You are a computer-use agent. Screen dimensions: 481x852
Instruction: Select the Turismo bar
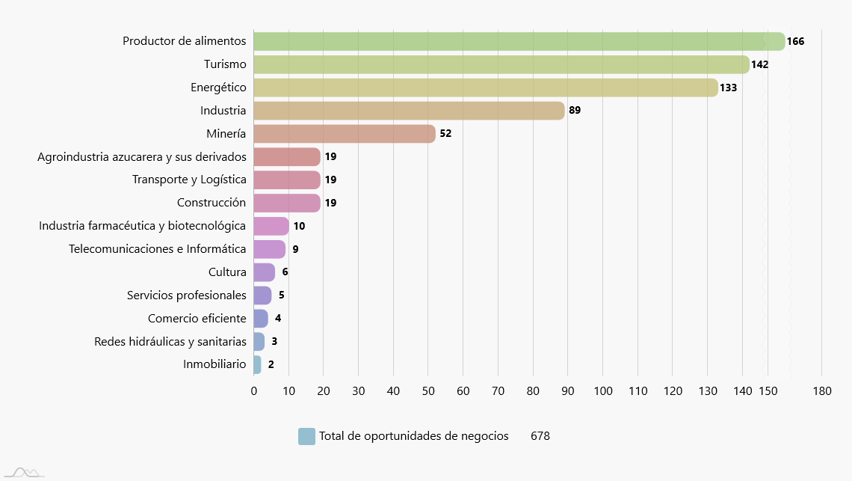pos(501,64)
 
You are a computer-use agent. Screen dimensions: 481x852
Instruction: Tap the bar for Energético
pos(486,88)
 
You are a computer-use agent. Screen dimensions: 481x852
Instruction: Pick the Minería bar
pos(344,134)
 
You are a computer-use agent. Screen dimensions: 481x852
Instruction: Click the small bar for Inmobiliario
pos(257,364)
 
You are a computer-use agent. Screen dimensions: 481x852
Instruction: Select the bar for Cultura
pos(264,272)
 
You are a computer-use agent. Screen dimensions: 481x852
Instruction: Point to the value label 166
pos(795,41)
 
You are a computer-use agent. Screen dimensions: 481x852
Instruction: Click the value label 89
pos(575,111)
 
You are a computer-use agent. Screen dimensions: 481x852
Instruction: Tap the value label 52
pos(445,134)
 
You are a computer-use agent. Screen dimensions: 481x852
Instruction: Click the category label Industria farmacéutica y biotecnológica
pos(143,226)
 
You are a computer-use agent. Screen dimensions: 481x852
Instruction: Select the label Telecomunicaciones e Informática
pos(157,249)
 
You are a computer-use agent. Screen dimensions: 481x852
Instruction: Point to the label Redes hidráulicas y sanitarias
pos(170,341)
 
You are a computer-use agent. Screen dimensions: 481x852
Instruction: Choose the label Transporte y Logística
pos(189,180)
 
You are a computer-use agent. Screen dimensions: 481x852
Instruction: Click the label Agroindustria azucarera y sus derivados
pos(142,157)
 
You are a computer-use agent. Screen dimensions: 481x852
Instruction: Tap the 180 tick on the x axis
pos(821,390)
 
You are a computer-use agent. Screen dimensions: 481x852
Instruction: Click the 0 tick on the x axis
pos(254,390)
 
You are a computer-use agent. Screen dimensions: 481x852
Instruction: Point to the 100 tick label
pos(602,390)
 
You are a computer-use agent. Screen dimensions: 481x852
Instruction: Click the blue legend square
pos(306,436)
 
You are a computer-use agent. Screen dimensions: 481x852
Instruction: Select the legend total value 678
pos(540,436)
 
